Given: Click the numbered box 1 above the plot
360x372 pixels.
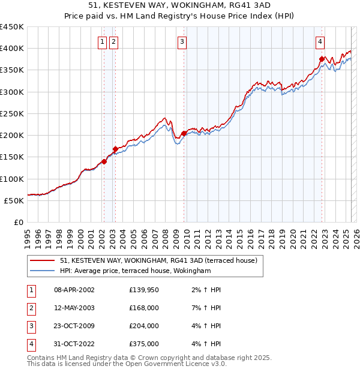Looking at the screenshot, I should click(x=103, y=41).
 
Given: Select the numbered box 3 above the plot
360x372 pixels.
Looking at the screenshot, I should click(x=181, y=41).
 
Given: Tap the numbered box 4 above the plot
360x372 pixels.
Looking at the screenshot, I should click(x=320, y=41).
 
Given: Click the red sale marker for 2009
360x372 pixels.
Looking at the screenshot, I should click(x=184, y=133).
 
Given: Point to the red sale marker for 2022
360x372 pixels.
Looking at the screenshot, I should click(x=322, y=59).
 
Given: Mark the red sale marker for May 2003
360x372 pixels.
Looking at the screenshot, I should click(x=115, y=149).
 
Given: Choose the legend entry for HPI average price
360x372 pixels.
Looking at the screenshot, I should click(x=135, y=271).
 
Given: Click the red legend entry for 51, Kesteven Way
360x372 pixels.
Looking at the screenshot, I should click(x=158, y=260).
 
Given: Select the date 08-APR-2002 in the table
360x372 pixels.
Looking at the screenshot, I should click(x=74, y=290).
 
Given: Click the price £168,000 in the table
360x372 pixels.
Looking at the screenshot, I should click(x=144, y=308).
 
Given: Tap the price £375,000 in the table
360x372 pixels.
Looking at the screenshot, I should click(x=144, y=344).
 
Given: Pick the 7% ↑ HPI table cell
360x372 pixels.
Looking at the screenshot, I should click(x=208, y=308).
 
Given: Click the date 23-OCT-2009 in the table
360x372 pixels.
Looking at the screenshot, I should click(x=74, y=326).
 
